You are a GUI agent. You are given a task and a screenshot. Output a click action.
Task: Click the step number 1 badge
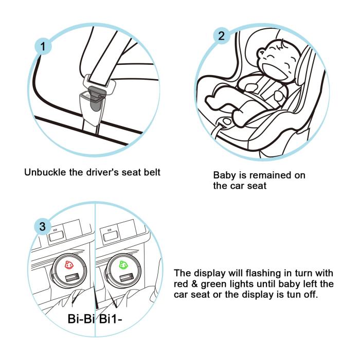click(x=43, y=46)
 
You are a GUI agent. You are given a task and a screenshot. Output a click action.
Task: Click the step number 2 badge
click(x=221, y=36)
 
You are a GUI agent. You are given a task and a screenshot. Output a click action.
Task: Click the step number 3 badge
click(x=43, y=226)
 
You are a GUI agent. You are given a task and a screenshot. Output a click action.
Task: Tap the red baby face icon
click(x=69, y=265)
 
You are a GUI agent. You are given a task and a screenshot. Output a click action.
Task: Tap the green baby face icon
click(x=124, y=265)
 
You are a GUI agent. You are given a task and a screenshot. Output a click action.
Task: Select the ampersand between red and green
click(x=194, y=284)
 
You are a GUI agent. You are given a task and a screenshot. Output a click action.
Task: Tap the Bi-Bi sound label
click(x=81, y=319)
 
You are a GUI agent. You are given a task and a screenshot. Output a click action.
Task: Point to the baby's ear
click(x=261, y=53)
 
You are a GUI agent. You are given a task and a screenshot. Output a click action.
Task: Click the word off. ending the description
click(x=311, y=294)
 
